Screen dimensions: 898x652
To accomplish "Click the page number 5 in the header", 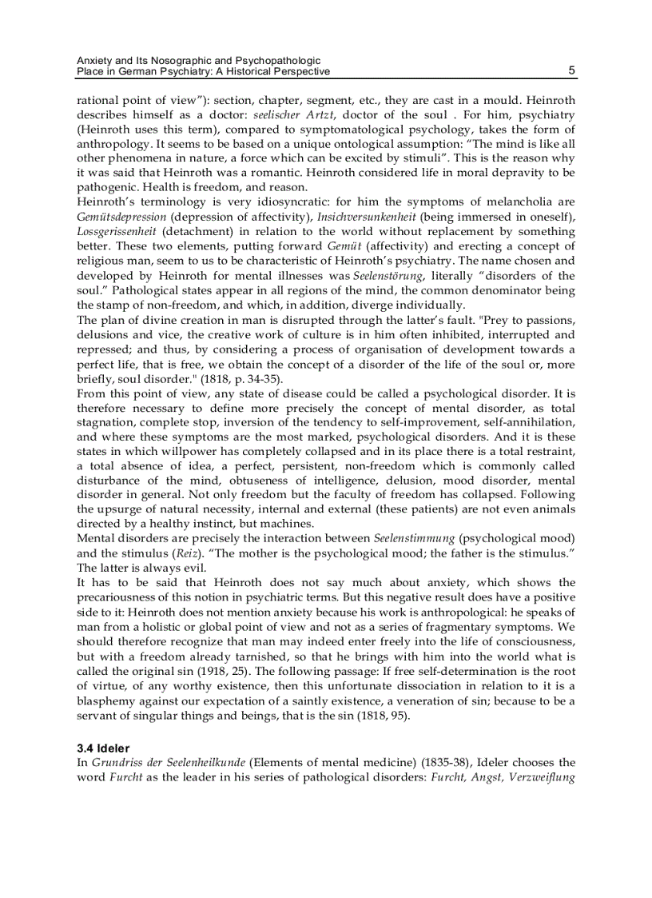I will click(572, 70).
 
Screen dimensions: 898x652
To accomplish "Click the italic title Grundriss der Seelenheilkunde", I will click(161, 763).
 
